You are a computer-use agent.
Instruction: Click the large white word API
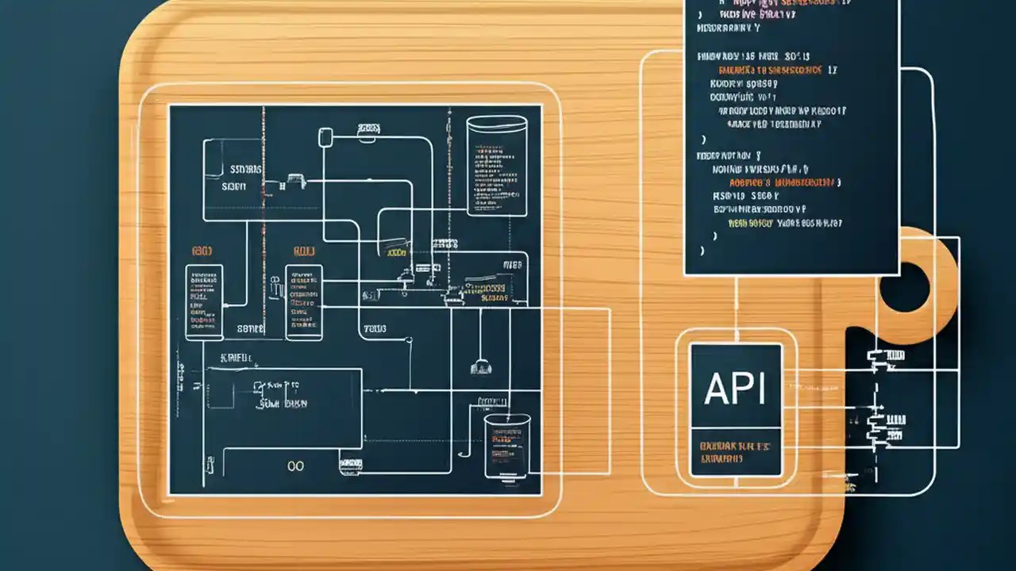[735, 389]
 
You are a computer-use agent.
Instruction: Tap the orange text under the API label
[735, 452]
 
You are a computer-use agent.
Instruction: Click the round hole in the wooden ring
[905, 287]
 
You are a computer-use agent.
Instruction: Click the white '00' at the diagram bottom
[296, 466]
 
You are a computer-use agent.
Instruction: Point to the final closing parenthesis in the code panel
[702, 251]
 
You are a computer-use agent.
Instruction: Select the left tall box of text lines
[204, 302]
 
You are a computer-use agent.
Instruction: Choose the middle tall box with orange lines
[303, 302]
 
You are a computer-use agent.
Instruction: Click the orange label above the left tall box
[202, 251]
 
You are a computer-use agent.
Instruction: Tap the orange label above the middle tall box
[304, 251]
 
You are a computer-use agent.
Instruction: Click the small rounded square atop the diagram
[325, 137]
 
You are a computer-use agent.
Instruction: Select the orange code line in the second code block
[782, 182]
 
